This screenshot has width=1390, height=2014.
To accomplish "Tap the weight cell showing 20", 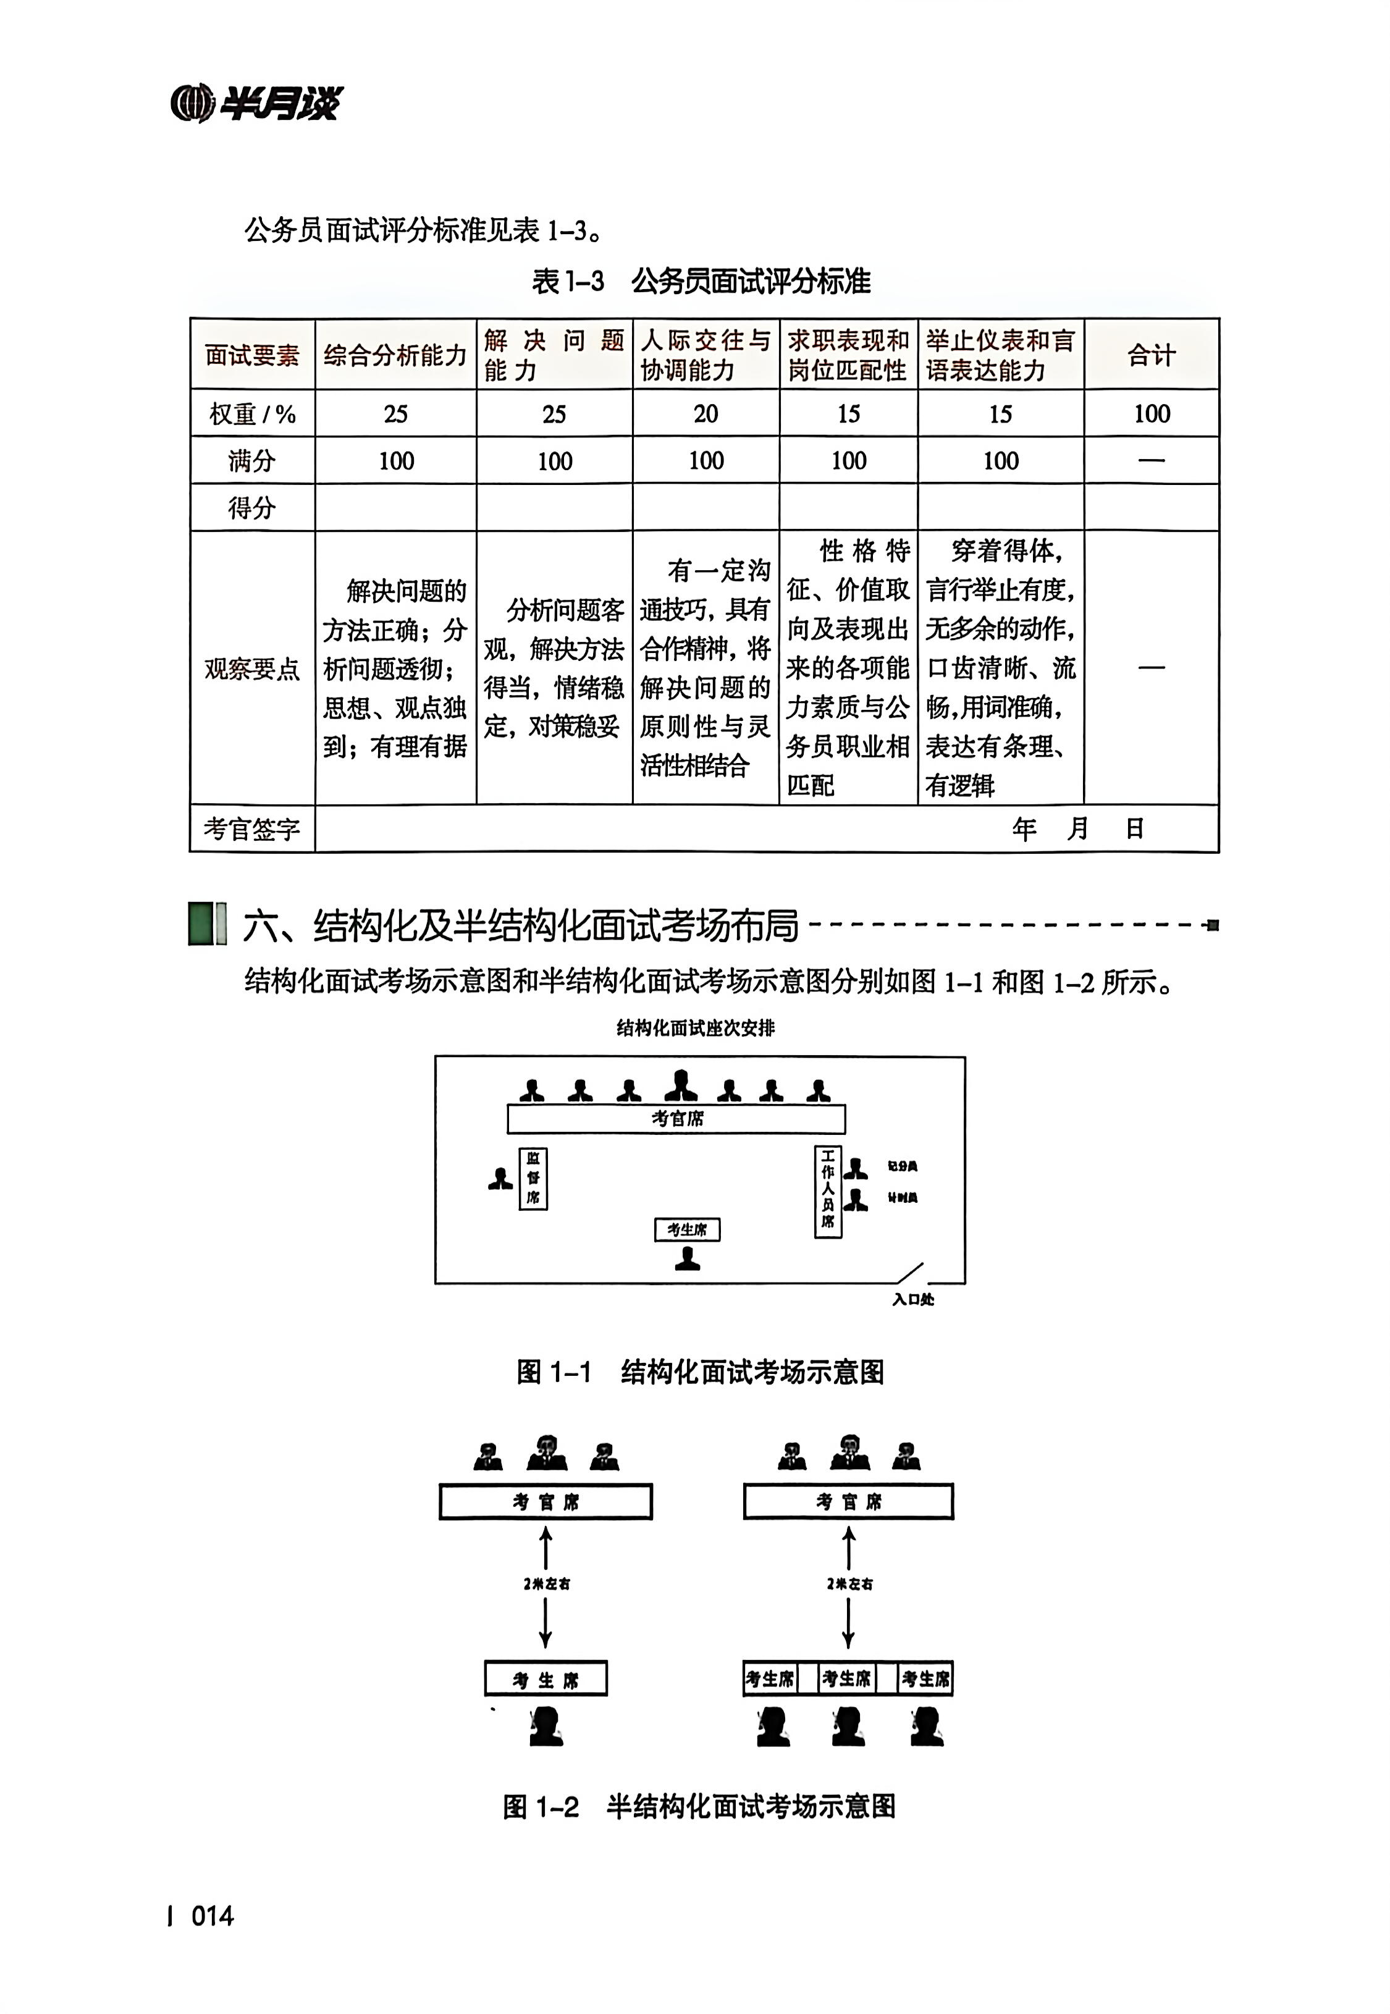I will [706, 413].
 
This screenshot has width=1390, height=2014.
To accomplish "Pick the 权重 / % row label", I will [251, 413].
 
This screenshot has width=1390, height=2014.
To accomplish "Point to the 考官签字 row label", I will [251, 828].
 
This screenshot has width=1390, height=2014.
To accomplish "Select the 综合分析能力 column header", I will [395, 355].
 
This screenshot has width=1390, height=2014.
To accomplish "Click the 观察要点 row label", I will [251, 668].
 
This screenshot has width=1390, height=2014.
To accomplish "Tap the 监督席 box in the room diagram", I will [533, 1178].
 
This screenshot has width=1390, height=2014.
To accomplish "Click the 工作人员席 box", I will [827, 1191].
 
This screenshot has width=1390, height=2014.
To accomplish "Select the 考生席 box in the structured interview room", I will [687, 1229].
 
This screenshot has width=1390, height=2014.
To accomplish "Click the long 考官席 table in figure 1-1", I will [676, 1118].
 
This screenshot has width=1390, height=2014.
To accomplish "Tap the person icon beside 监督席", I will [500, 1179].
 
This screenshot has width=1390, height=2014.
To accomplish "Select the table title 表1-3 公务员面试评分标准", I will [701, 281].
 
